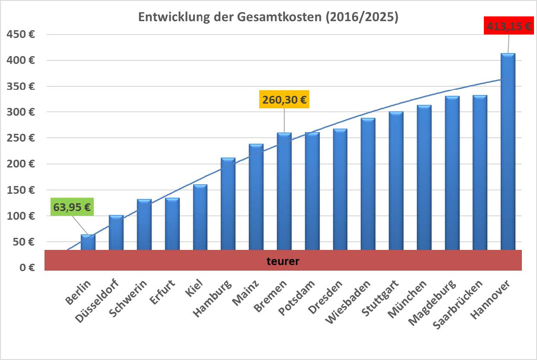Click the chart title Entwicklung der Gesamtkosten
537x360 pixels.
[268, 18]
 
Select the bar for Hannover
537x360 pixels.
[508, 151]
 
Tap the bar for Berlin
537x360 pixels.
[88, 242]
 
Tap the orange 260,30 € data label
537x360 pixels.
[284, 100]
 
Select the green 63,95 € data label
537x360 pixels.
[72, 207]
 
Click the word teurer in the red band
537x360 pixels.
[283, 261]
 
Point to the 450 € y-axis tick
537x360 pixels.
[21, 35]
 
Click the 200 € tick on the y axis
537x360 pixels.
[21, 164]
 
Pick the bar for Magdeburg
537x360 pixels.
[452, 173]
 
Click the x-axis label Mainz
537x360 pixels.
[245, 292]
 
